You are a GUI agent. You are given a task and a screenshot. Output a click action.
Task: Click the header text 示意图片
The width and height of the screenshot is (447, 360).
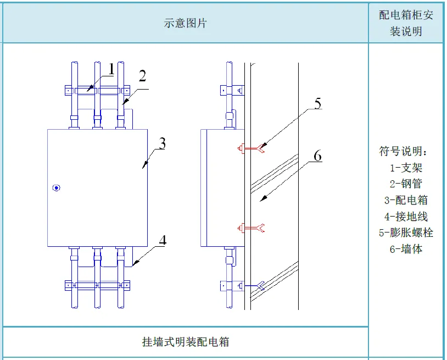pos(185,23)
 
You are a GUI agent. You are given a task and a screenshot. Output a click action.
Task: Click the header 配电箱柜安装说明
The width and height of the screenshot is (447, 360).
pos(406,23)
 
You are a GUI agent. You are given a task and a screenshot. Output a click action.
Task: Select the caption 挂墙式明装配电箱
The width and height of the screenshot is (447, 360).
pos(185,342)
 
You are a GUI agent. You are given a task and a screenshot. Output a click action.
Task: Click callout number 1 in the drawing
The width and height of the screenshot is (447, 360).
pos(111,69)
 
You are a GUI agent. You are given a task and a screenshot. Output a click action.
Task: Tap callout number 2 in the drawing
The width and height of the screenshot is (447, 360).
pos(142,76)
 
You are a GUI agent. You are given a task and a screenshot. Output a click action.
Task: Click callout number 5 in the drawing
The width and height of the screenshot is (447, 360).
pos(317,103)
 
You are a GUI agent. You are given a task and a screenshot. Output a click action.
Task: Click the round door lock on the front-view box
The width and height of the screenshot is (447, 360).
pos(56,188)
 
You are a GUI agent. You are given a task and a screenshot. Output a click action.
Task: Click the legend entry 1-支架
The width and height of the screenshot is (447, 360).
pos(406,168)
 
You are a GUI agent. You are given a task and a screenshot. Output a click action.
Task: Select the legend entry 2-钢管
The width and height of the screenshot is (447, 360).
pos(406,184)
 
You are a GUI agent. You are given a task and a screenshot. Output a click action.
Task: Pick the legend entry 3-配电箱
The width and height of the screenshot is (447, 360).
pos(406,200)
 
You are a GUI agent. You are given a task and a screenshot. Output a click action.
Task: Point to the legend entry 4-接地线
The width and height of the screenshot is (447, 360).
pos(406,216)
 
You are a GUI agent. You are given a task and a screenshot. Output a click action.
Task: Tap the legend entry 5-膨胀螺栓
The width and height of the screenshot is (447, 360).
pos(406,232)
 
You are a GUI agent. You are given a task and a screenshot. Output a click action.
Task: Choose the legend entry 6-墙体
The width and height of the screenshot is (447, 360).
pos(406,248)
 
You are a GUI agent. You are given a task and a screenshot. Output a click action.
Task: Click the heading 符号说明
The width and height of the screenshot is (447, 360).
pos(406,151)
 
